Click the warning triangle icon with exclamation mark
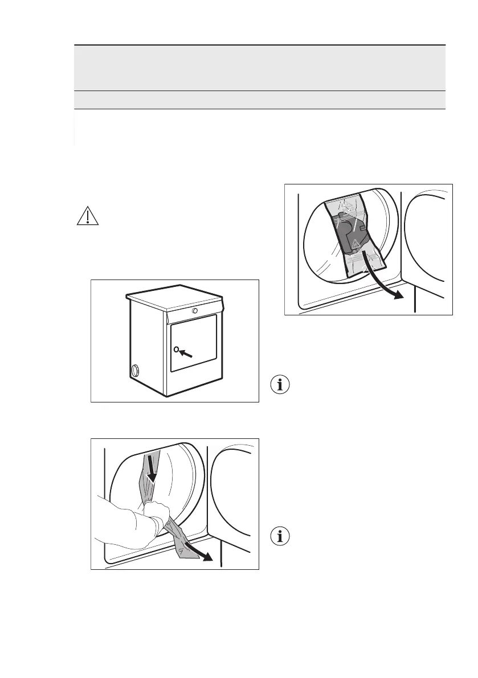[x=87, y=217]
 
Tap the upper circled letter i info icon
[x=279, y=385]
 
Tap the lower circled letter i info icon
[x=279, y=536]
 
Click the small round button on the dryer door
[x=177, y=349]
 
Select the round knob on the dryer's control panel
[x=195, y=311]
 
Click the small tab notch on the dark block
[x=363, y=227]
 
